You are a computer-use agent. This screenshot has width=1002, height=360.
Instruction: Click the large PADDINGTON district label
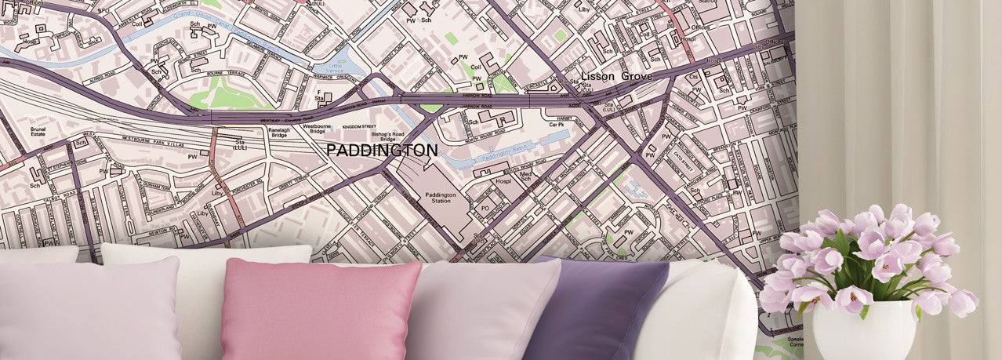point(382,150)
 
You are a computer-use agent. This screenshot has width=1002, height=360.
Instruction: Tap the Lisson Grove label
point(616,77)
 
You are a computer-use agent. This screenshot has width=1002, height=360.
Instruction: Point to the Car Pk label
point(557,125)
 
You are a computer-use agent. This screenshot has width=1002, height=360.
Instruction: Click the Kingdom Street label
point(360,126)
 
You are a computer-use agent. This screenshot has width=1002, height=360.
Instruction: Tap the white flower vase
point(863,329)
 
